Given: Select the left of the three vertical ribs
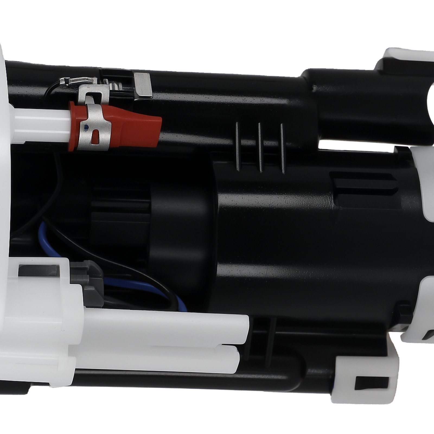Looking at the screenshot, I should click(x=238, y=146).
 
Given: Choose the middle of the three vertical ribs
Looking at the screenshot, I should click(x=260, y=148).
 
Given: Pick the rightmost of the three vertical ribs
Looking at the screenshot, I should click(x=282, y=149).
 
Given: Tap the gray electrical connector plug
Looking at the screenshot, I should click(x=90, y=282).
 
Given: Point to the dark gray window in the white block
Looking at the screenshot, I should click(x=38, y=270).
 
